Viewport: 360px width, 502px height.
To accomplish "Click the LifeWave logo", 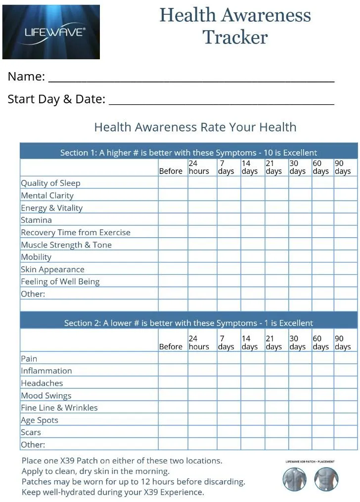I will click(x=51, y=32).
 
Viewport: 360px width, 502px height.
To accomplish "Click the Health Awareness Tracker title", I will click(x=235, y=26).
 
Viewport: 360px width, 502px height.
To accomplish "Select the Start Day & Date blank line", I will click(x=221, y=102).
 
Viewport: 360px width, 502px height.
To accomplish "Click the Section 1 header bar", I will click(x=188, y=152).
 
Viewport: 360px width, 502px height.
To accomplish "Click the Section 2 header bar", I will click(x=188, y=323).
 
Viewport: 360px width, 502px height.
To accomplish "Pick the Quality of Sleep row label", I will click(x=50, y=183).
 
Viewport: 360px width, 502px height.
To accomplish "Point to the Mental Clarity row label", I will click(x=47, y=195).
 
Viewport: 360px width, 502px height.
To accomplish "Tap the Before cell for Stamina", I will click(x=173, y=220).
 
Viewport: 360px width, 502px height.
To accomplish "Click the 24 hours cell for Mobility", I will click(x=202, y=257).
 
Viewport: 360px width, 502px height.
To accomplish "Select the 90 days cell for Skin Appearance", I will click(x=345, y=269).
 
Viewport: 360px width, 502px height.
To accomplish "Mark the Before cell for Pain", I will click(x=173, y=358).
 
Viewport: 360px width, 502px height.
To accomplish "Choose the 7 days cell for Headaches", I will click(x=228, y=383).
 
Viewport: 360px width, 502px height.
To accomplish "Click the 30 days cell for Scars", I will click(x=300, y=432).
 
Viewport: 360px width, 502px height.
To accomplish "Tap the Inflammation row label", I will click(x=46, y=371).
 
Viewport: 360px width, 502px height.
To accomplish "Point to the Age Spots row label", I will click(x=40, y=420).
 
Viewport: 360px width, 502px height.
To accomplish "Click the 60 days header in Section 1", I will click(x=322, y=167).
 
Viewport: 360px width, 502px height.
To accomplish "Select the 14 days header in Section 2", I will click(x=252, y=342).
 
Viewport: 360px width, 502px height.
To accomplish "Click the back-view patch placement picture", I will click(x=295, y=480).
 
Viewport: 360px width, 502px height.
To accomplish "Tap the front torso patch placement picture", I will click(x=326, y=480).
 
